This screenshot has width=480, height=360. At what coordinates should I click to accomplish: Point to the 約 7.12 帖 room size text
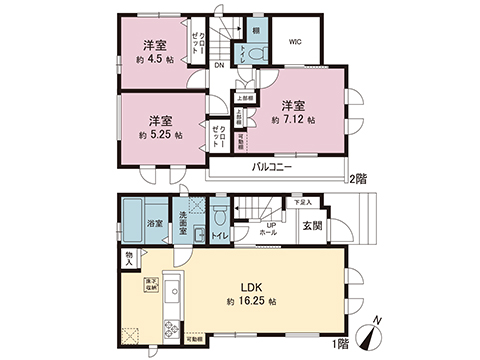[x=292, y=119]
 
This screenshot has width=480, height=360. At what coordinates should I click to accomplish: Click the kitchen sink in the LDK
[x=170, y=291]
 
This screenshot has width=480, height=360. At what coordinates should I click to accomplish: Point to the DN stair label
[x=218, y=66]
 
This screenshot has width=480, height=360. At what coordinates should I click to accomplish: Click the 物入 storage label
[x=130, y=259]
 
